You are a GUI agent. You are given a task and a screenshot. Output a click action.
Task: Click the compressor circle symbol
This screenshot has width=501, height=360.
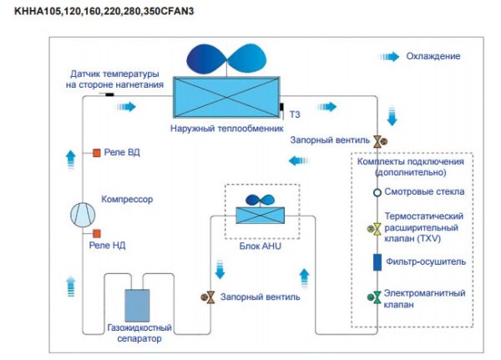pyautogui.click(x=83, y=215)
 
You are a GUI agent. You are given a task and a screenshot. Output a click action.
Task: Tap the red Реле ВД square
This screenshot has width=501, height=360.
pyautogui.click(x=97, y=153)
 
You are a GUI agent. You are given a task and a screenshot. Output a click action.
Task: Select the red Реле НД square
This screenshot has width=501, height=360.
pyautogui.click(x=97, y=234)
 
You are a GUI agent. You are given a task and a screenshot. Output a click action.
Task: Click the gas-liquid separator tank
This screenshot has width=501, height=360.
pyautogui.click(x=137, y=306)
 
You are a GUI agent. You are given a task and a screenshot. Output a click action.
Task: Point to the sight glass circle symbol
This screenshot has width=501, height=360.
pyautogui.click(x=377, y=192)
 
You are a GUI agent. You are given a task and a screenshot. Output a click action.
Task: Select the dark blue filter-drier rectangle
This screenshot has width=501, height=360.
pyautogui.click(x=377, y=262)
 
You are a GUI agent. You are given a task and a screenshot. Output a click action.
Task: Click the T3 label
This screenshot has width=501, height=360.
pyautogui.click(x=295, y=114)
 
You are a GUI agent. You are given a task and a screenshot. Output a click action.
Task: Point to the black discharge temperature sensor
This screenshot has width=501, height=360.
pyautogui.click(x=109, y=94)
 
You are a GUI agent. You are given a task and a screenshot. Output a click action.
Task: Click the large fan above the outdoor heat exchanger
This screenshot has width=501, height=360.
pyautogui.click(x=226, y=59)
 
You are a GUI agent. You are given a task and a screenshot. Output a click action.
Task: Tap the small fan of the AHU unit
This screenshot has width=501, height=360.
pyautogui.click(x=260, y=200)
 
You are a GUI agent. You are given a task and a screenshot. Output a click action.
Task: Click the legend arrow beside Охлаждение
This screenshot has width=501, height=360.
pyautogui.click(x=389, y=57)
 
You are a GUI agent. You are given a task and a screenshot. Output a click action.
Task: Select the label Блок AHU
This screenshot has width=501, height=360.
pyautogui.click(x=260, y=246)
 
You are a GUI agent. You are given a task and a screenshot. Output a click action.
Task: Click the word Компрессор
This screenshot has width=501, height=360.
pyautogui.click(x=127, y=199)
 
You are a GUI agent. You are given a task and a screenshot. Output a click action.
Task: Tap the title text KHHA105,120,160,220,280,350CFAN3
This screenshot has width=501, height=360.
pyautogui.click(x=104, y=11)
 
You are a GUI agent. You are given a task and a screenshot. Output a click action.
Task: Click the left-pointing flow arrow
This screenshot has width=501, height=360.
pyautogui.click(x=299, y=160)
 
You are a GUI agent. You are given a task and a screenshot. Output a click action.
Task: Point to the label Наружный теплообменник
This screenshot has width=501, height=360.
pyautogui.click(x=226, y=129)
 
